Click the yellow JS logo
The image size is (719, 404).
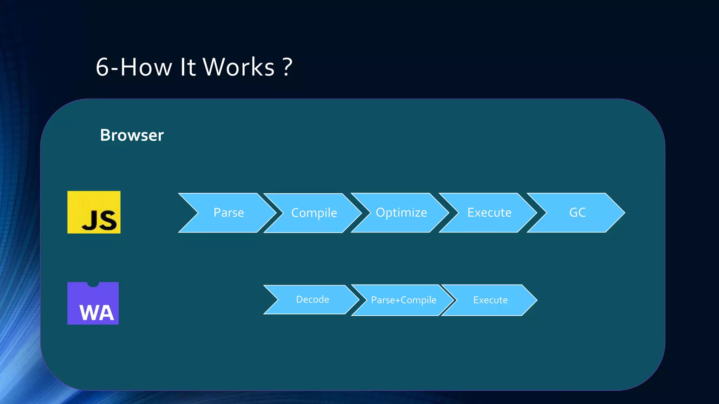[x=94, y=212]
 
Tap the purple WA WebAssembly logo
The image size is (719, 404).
[x=93, y=304]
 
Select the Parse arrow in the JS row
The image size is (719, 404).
[x=229, y=213]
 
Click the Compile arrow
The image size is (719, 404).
[x=314, y=213]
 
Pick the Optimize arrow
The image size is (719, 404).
[x=401, y=213]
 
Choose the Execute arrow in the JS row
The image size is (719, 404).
[x=489, y=213]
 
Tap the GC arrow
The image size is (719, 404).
[x=577, y=213]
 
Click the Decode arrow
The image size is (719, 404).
[x=312, y=299]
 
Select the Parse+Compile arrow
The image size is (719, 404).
[x=403, y=300]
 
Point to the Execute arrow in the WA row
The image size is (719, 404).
[x=490, y=300]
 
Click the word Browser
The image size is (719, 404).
[x=132, y=135]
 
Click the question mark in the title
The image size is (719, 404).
[x=287, y=67]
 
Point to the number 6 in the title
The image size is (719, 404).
[x=102, y=67]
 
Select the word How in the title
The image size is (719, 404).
[x=146, y=67]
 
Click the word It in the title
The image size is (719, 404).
[x=187, y=67]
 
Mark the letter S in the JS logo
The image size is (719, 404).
[x=107, y=221]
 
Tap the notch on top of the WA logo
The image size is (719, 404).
[x=93, y=284]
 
